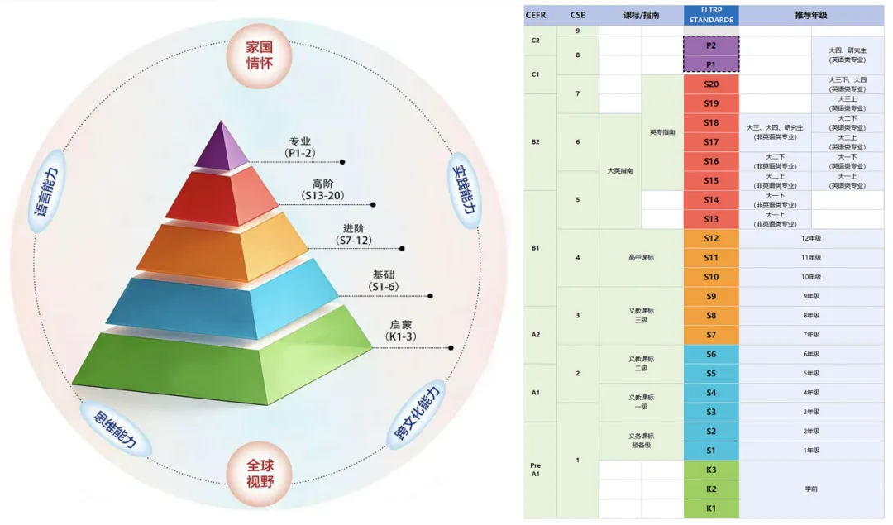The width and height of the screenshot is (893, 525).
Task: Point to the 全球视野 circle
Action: [259, 472]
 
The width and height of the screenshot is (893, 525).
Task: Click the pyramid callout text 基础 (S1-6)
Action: [384, 280]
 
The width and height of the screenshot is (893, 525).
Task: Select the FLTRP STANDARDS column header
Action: [711, 15]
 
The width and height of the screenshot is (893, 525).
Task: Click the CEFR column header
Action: [536, 15]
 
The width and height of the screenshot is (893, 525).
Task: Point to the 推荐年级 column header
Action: [811, 15]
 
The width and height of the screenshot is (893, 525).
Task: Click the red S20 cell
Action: [711, 84]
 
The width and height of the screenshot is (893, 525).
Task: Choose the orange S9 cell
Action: [711, 296]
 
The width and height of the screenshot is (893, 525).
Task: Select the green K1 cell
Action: [711, 508]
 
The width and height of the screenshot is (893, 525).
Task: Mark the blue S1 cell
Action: [711, 450]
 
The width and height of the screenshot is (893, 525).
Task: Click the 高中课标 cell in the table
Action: [641, 257]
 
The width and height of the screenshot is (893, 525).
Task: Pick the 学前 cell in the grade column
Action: [811, 489]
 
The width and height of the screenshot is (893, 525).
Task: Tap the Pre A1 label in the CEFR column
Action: [536, 470]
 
